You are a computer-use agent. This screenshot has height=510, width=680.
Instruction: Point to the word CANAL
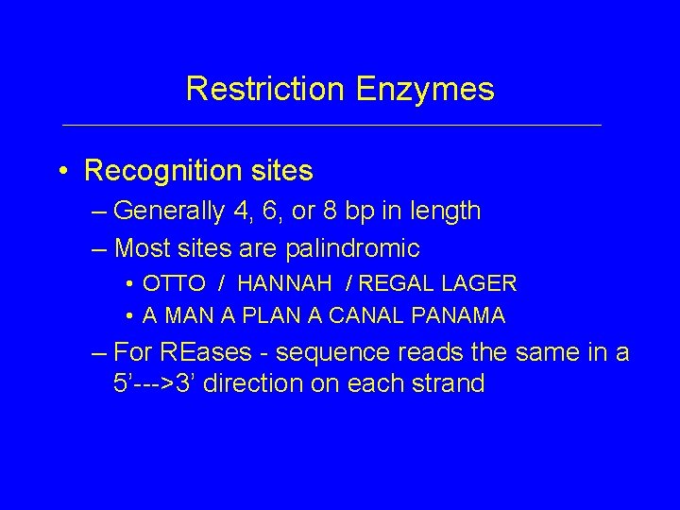pos(346,314)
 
